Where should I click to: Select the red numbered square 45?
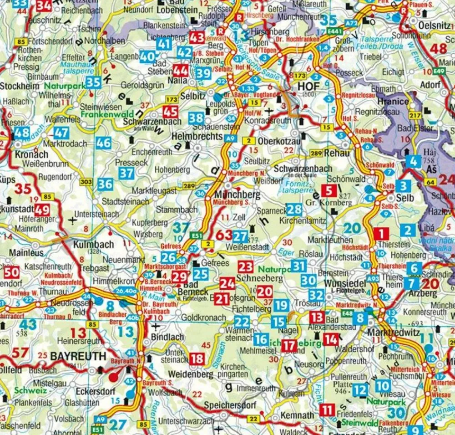171,112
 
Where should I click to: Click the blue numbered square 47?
61,133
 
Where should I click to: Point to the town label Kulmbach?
93,245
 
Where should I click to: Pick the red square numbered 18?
197,358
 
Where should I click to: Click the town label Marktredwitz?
394,333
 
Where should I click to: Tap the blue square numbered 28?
294,209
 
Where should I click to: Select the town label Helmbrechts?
197,136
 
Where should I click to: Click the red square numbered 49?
42,210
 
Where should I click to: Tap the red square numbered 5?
329,190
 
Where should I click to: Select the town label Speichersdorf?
230,405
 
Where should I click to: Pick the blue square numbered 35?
93,82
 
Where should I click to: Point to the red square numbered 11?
326,409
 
